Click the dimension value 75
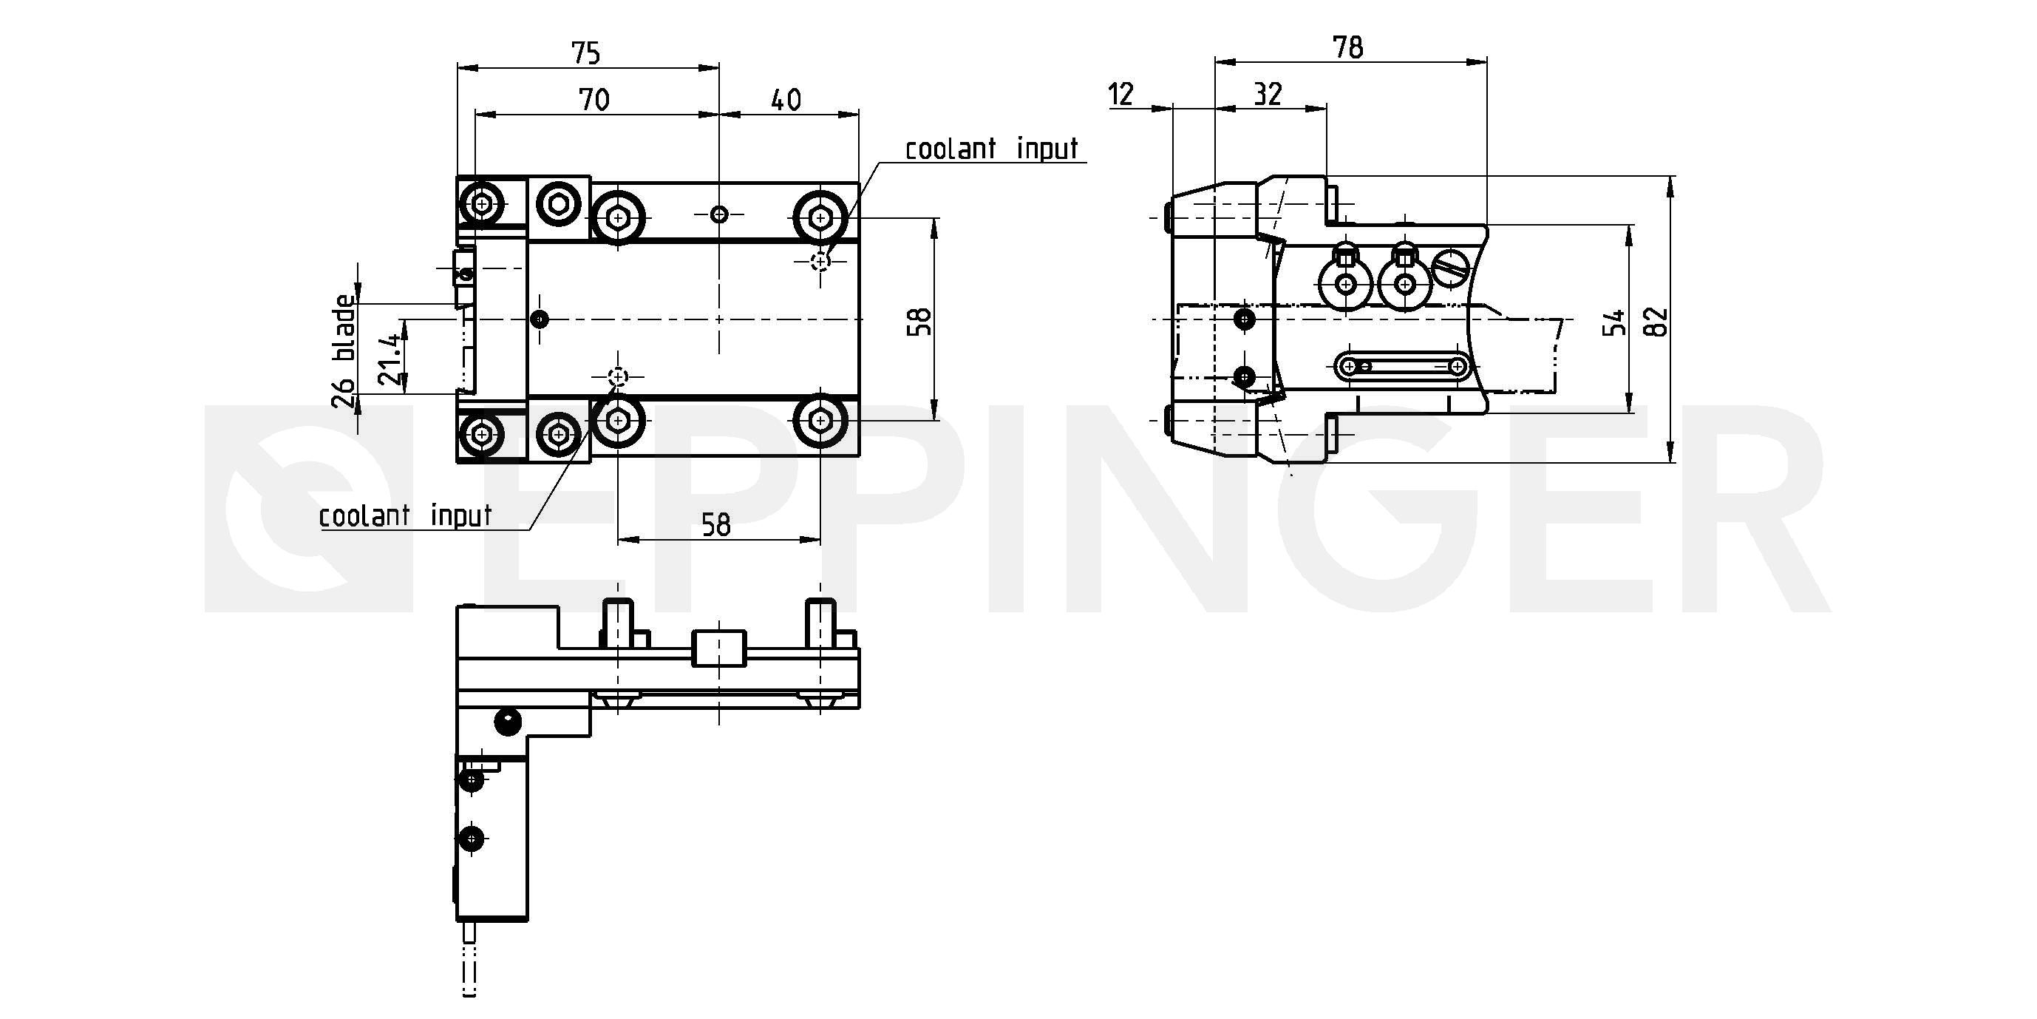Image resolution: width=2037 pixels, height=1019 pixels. tap(586, 53)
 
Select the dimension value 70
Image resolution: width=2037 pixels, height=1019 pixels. tap(594, 100)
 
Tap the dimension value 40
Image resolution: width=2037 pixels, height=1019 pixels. tap(786, 100)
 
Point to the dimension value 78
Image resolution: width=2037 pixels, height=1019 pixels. tap(1348, 47)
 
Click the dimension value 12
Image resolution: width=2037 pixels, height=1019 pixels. tap(1121, 94)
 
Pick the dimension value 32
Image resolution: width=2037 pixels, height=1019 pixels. tap(1268, 94)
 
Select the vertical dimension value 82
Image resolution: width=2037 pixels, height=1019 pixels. tap(1656, 321)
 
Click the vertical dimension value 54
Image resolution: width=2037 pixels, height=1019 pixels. tap(1615, 321)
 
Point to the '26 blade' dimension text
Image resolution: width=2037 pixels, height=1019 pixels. tap(343, 351)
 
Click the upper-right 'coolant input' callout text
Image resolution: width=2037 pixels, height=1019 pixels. tap(992, 149)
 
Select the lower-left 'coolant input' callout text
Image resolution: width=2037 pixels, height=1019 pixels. tap(405, 516)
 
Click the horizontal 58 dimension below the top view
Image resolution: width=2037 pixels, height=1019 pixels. tap(716, 525)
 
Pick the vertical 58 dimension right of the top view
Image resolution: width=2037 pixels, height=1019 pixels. tap(920, 321)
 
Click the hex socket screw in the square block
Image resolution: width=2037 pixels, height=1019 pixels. tap(559, 205)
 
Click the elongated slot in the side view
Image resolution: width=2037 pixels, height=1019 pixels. tap(1404, 365)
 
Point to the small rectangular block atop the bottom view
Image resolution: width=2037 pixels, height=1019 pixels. tap(719, 648)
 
